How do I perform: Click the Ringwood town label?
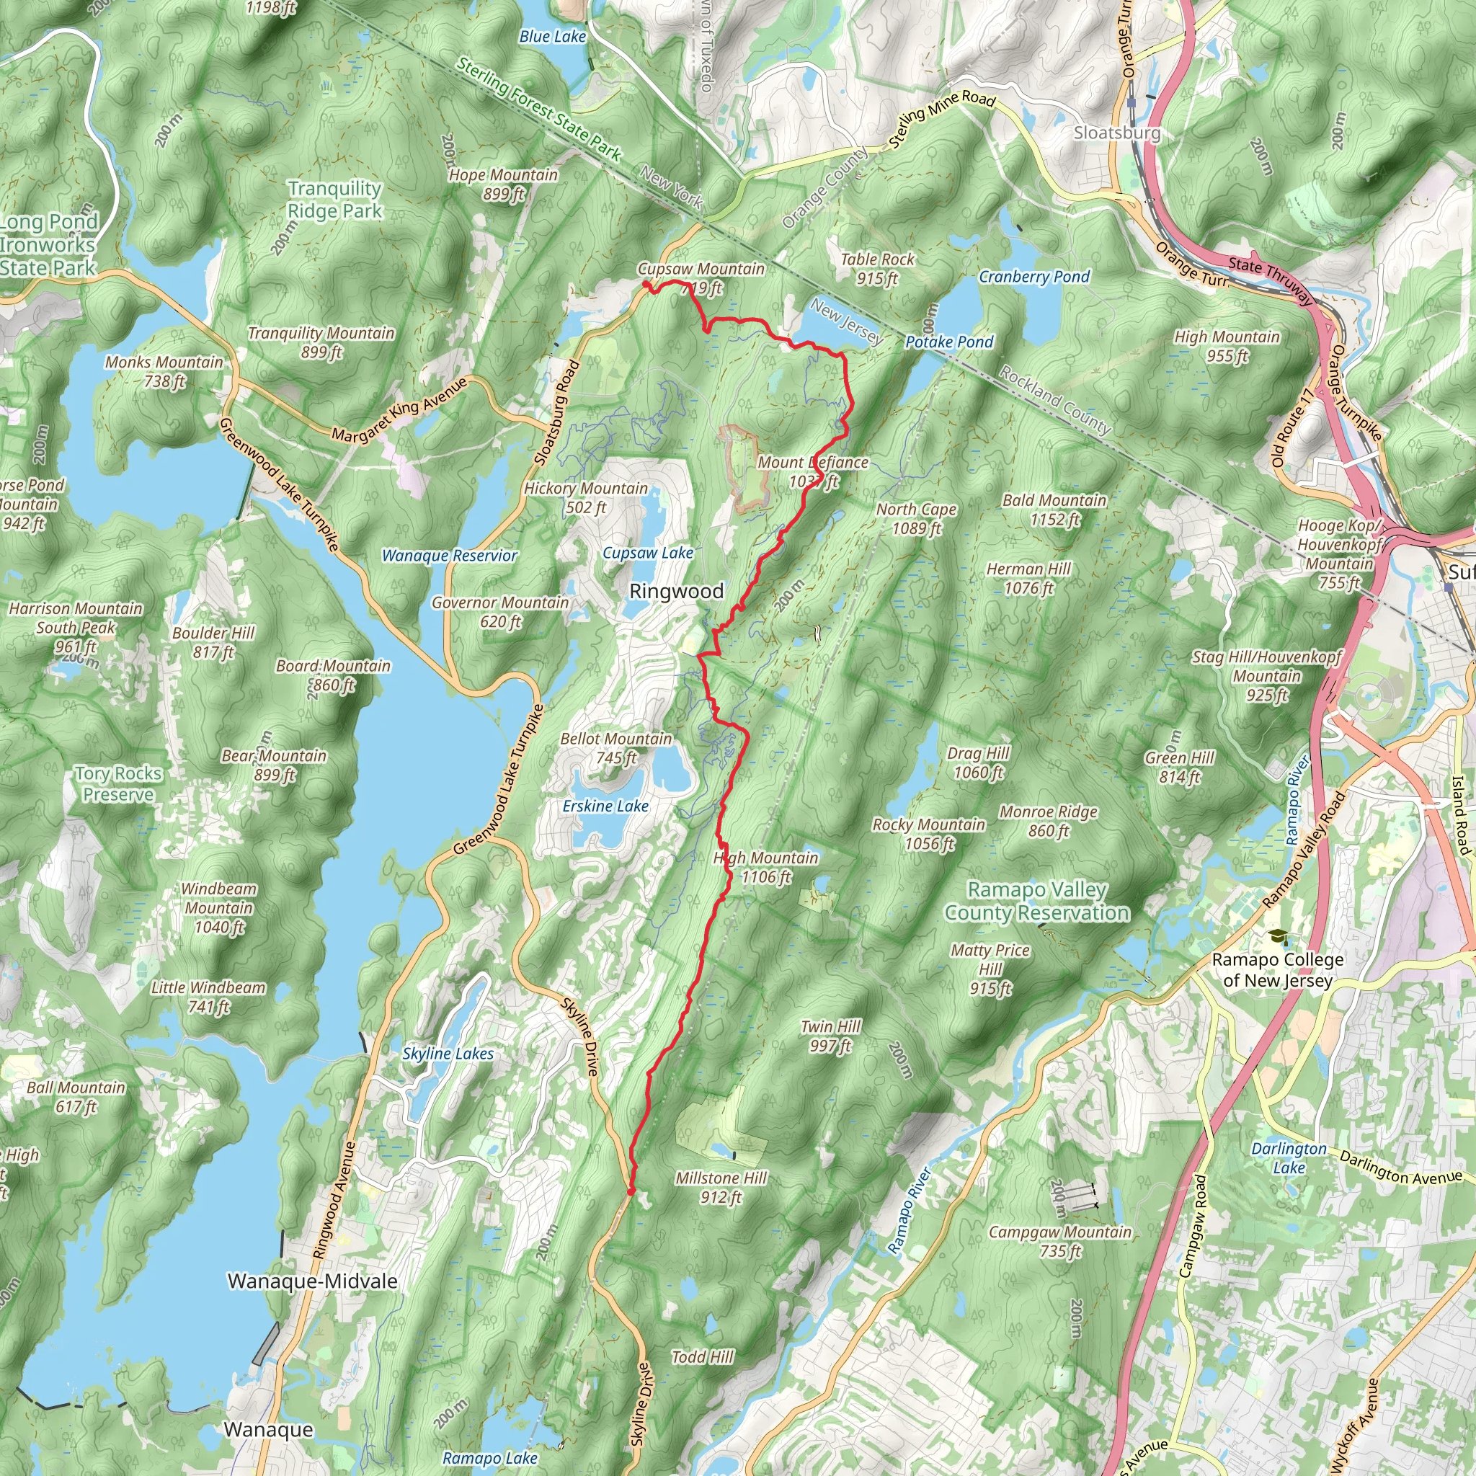(x=675, y=591)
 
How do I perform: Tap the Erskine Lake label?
(x=605, y=806)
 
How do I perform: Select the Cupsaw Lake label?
(x=648, y=552)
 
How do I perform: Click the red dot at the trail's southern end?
(x=631, y=1191)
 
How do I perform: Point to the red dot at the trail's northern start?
(x=646, y=285)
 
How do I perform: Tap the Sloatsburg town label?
(x=1117, y=133)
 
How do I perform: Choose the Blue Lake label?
(x=552, y=36)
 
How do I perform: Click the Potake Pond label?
(x=949, y=342)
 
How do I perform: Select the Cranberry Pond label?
(x=1034, y=277)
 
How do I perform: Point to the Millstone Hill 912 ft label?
(x=721, y=1187)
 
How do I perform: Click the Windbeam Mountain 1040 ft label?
(x=219, y=907)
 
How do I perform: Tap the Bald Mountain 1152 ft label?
(x=1054, y=510)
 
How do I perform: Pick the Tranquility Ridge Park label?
(x=334, y=200)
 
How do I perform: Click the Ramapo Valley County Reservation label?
(x=1036, y=901)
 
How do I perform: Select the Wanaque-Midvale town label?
(x=313, y=1281)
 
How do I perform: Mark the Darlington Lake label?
(x=1289, y=1157)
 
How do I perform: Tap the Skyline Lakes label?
(x=448, y=1054)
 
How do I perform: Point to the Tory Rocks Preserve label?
(x=118, y=784)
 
